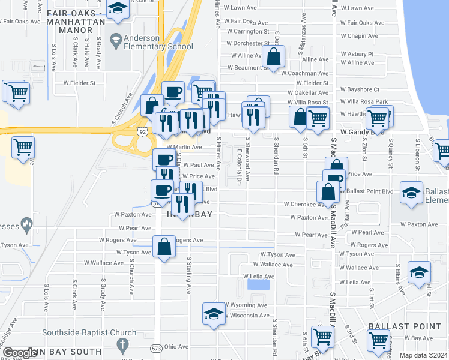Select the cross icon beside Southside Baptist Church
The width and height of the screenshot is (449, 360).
coord(122,344)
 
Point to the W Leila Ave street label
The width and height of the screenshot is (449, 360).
coord(258,277)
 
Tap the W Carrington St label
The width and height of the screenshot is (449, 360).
coord(247,31)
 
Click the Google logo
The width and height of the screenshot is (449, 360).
coord(20,353)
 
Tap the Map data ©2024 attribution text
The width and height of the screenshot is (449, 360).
coord(423,355)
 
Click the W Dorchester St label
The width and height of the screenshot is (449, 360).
coord(247,43)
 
